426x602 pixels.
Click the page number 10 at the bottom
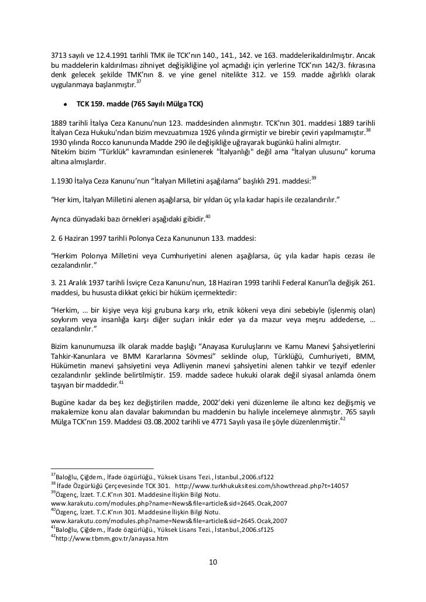pos(213,562)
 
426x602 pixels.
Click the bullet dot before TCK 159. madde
pos(61,104)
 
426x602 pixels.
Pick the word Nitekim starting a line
pos(65,151)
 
